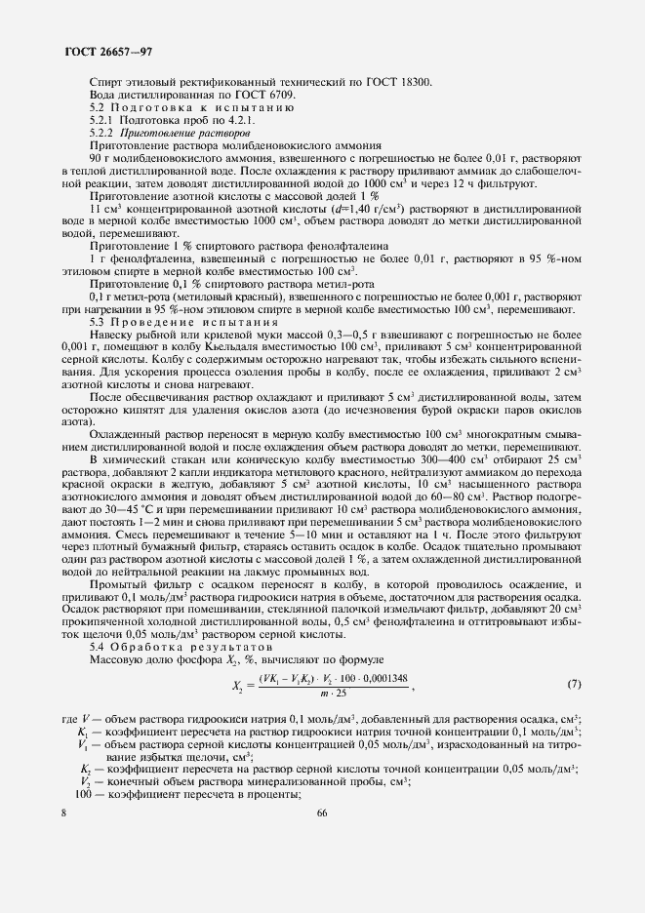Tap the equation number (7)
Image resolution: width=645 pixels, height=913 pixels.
coord(575,683)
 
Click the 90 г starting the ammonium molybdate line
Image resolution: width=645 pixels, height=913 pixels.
coord(101,156)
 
